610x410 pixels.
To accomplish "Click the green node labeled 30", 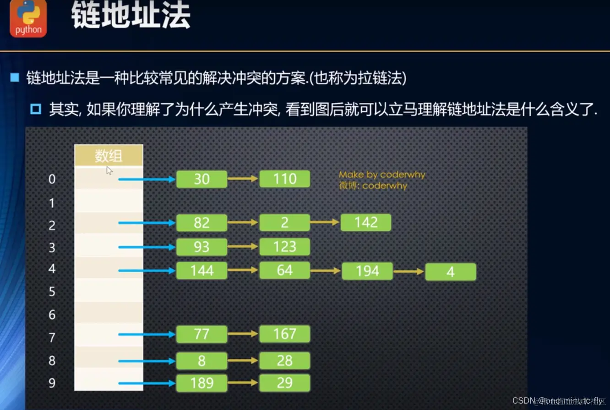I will coord(202,179).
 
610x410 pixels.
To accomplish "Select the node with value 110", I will coord(284,179).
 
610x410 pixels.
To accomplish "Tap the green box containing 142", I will coord(365,222).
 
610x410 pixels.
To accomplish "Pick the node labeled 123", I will coord(284,247).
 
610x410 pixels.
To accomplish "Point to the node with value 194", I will coord(367,271).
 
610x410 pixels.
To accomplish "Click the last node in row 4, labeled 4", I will coord(451,272).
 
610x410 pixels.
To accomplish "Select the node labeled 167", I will coord(284,334).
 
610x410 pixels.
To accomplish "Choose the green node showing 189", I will coord(202,383).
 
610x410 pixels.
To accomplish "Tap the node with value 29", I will coord(284,383).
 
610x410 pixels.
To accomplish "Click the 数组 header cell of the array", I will coord(109,156).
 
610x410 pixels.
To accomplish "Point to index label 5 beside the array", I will coord(52,292).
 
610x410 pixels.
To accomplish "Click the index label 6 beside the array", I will coord(52,315).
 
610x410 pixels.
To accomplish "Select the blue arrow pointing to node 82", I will coord(147,223).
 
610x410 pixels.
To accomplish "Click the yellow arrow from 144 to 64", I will coord(243,271).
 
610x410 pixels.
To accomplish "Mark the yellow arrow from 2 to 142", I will coord(325,222).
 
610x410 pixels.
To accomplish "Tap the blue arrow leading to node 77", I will coord(147,334).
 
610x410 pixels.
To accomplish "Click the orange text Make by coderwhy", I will coord(382,175).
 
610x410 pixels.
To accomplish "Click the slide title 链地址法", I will coord(131,17).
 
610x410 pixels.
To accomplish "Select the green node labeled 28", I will coord(284,361).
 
